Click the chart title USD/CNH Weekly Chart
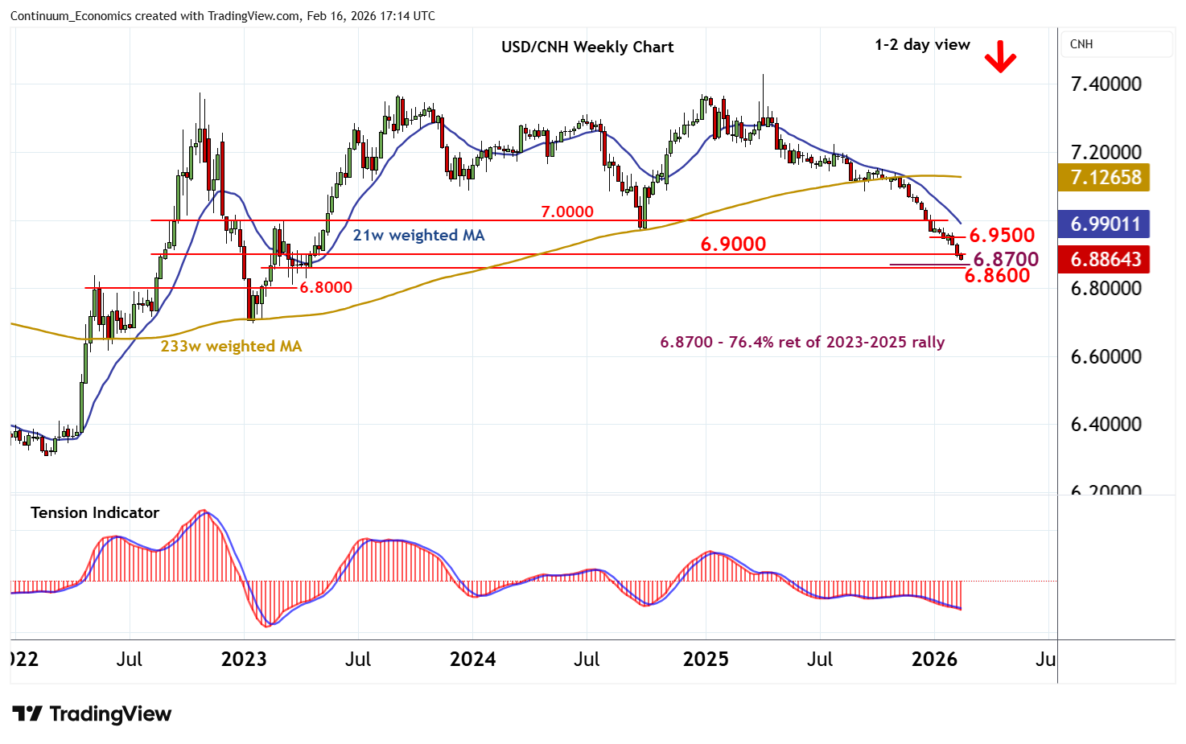587,47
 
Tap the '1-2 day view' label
922,45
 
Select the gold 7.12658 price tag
1106,177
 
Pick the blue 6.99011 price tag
1106,224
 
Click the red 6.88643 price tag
1106,259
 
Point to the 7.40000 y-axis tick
1106,84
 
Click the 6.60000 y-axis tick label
1106,356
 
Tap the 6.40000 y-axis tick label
1106,424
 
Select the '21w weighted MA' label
418,235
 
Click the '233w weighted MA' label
231,347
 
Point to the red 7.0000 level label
566,212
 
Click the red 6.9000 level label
733,244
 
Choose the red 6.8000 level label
326,287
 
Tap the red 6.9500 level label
1001,235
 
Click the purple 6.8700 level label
1006,259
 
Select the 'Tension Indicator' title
95,512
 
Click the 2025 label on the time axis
705,660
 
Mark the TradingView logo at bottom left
92,714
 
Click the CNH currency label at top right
1081,44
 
